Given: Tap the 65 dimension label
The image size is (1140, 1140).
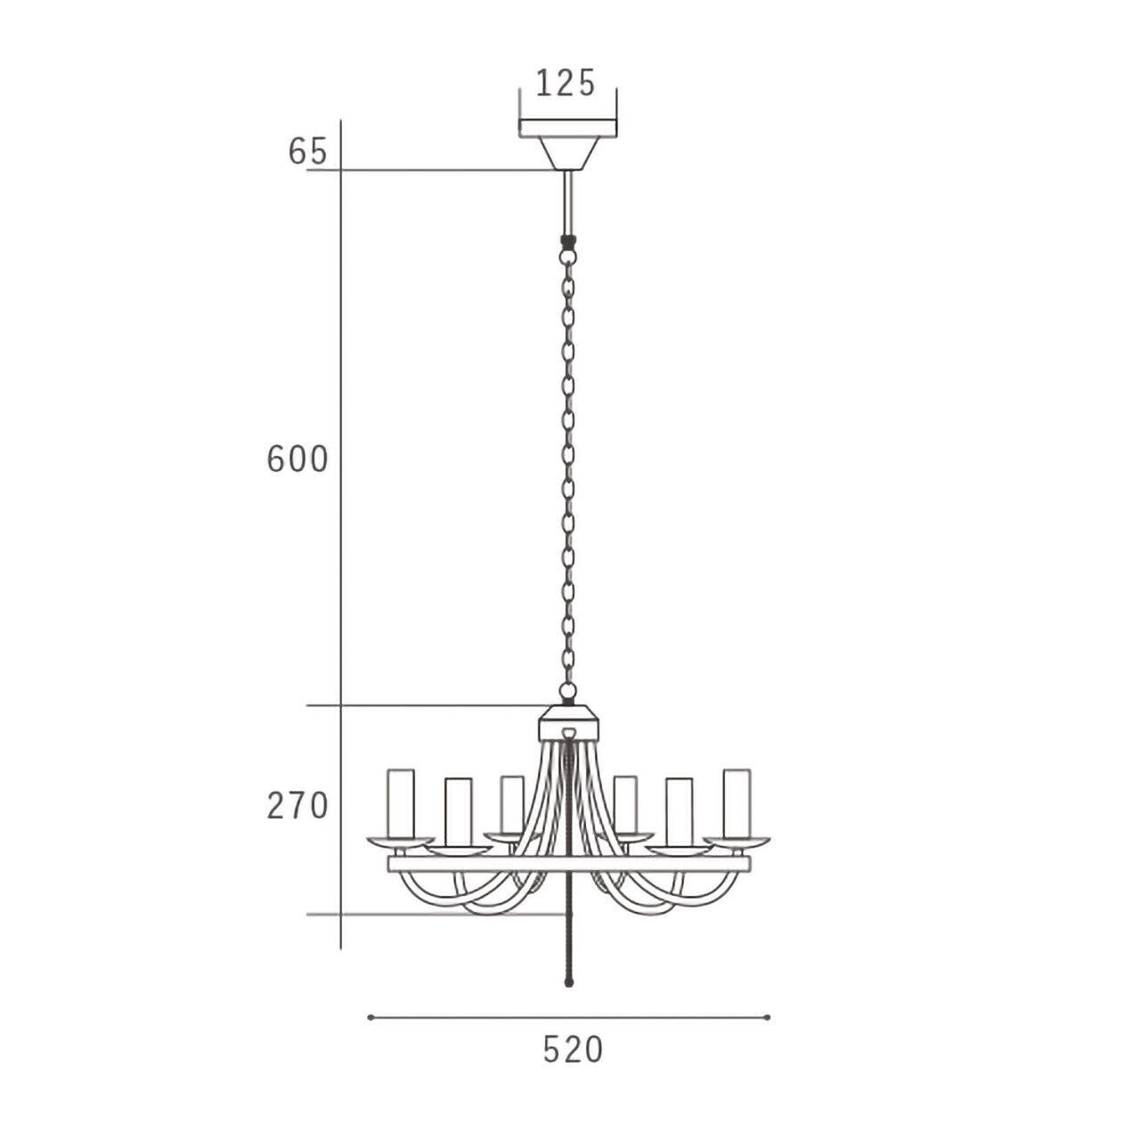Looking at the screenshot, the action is click(x=307, y=152).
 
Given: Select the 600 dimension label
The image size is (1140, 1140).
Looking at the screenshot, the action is click(x=297, y=460).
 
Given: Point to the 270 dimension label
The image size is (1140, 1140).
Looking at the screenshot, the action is click(x=297, y=806).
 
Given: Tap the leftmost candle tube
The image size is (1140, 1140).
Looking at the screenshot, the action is click(x=401, y=803).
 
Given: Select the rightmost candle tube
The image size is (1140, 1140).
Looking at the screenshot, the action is click(x=737, y=803).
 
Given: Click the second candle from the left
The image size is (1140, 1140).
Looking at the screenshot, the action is click(x=459, y=812).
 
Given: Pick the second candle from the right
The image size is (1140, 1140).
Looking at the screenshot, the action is click(x=679, y=812).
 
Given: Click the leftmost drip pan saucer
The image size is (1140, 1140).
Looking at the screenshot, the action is click(x=401, y=842).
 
